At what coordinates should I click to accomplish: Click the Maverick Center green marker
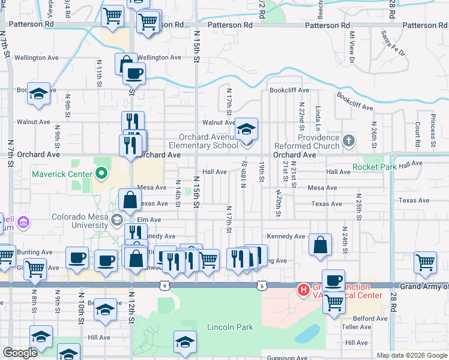coord(101,175)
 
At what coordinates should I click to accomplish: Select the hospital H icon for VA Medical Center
coord(304,290)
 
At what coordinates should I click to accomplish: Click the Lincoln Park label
coord(230,327)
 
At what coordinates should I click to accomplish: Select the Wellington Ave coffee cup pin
coord(134,74)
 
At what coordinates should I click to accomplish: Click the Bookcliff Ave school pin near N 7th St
coord(39,94)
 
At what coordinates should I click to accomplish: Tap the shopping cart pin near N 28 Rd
coord(425,262)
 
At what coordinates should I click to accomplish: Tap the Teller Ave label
coord(357,327)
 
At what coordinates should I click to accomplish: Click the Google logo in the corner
coord(20,353)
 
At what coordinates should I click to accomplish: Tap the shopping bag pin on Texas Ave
coord(130,200)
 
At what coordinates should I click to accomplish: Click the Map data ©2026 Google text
coord(412,355)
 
